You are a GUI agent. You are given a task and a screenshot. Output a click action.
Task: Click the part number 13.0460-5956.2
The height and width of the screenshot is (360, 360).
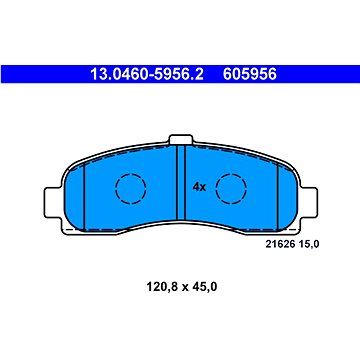coord(147,74)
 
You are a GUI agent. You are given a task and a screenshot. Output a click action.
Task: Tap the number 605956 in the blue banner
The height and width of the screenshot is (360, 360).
coord(250,74)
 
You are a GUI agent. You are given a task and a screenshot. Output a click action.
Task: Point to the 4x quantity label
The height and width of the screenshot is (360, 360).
coord(199,187)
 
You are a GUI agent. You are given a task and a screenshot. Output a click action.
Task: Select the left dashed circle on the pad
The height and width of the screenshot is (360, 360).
coord(131,189)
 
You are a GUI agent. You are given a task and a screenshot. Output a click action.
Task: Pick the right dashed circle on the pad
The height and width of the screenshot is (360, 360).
coord(231,189)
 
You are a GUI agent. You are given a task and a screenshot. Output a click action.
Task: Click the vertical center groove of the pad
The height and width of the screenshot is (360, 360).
coord(181,183)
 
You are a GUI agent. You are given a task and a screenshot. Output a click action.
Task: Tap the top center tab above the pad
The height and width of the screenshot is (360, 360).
coord(181,139)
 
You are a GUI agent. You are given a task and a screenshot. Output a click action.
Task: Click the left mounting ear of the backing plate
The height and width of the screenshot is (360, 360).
coord(53,203)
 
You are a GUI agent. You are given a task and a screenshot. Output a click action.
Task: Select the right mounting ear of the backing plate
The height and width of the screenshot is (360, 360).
coord(309,203)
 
